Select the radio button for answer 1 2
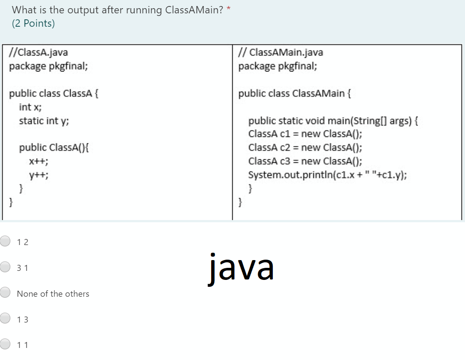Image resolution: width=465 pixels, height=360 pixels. [x=5, y=242]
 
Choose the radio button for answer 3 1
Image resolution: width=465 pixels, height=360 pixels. [x=5, y=267]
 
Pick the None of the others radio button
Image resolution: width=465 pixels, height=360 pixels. [x=5, y=293]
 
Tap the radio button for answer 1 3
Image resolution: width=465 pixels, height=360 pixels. [x=5, y=319]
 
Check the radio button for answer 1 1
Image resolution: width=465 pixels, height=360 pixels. [x=5, y=344]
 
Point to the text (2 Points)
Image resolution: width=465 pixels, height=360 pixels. [x=33, y=24]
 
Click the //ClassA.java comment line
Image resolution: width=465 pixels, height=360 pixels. [x=39, y=53]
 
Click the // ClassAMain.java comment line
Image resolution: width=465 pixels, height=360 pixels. [x=281, y=53]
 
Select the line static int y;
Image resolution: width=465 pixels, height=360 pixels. [x=44, y=121]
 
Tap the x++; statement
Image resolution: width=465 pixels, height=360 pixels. [x=38, y=161]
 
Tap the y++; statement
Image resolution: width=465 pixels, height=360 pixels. [x=38, y=175]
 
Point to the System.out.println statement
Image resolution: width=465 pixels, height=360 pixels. [x=327, y=175]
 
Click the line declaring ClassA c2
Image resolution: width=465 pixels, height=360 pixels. [x=305, y=147]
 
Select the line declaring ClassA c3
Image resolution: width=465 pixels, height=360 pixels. [x=305, y=161]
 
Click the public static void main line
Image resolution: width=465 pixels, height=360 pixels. [x=333, y=121]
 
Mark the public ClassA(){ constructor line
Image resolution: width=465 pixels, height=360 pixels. [x=54, y=148]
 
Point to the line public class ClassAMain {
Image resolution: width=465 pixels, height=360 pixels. [x=294, y=93]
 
